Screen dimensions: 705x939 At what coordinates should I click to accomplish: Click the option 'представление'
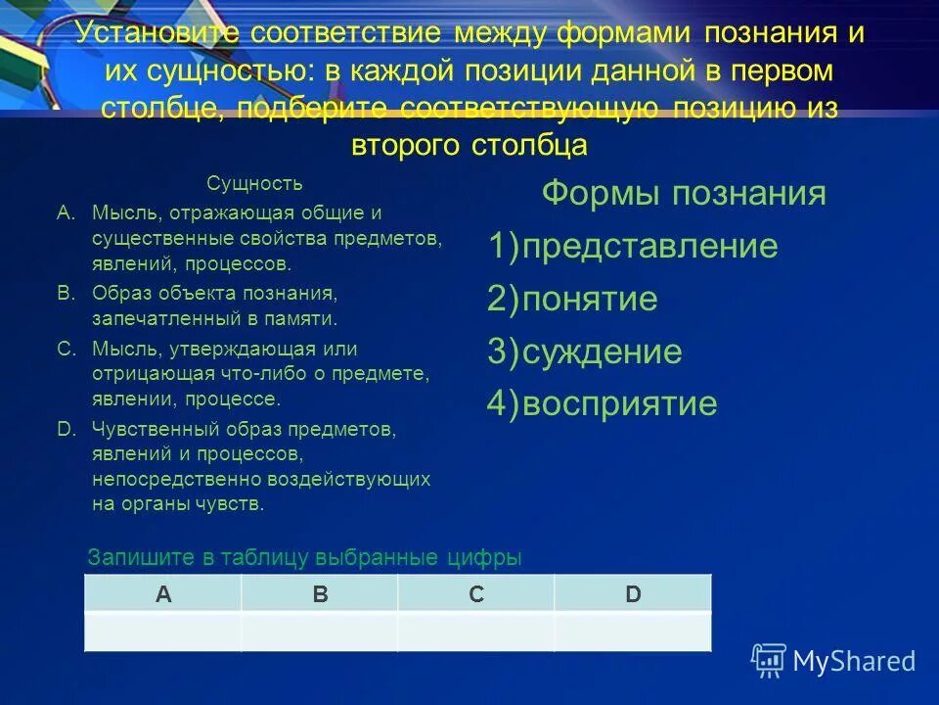[649, 246]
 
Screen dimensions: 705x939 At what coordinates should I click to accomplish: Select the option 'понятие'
[589, 299]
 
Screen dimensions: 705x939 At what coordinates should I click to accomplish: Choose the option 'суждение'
[602, 352]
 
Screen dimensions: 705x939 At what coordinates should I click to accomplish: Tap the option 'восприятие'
[619, 403]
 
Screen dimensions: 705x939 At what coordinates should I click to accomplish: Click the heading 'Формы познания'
[684, 193]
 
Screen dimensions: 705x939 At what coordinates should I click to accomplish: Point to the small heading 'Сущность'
[254, 183]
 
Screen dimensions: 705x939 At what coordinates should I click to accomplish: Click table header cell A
[163, 593]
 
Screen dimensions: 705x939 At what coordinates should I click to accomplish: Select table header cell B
[320, 593]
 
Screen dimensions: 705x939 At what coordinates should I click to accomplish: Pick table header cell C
[476, 593]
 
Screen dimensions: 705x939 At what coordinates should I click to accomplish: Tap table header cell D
[633, 593]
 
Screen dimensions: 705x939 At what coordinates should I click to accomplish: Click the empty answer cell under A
[163, 631]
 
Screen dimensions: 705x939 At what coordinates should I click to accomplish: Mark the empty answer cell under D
[633, 631]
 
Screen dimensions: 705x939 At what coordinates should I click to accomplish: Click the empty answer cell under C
[476, 631]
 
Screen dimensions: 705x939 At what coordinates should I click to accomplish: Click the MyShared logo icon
[769, 660]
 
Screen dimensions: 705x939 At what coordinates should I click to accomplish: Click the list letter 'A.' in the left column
[66, 211]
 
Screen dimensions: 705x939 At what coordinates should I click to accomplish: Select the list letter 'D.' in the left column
[66, 429]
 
